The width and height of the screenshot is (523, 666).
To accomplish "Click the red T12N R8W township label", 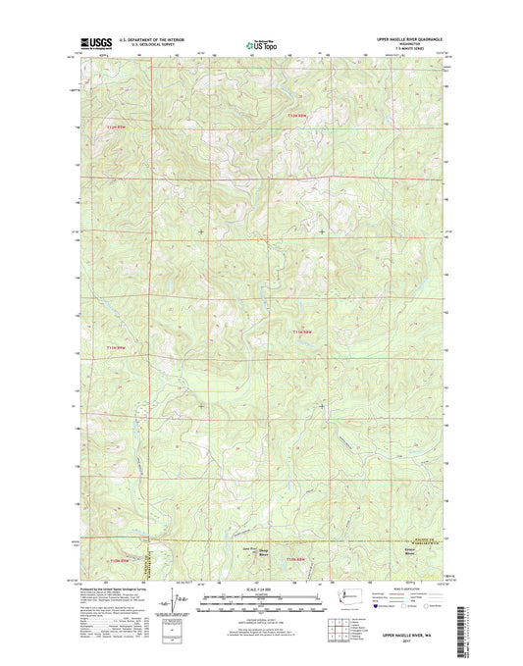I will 298,117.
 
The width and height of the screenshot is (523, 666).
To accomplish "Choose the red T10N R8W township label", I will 295,559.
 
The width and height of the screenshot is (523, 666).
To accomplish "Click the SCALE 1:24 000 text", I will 261,589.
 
